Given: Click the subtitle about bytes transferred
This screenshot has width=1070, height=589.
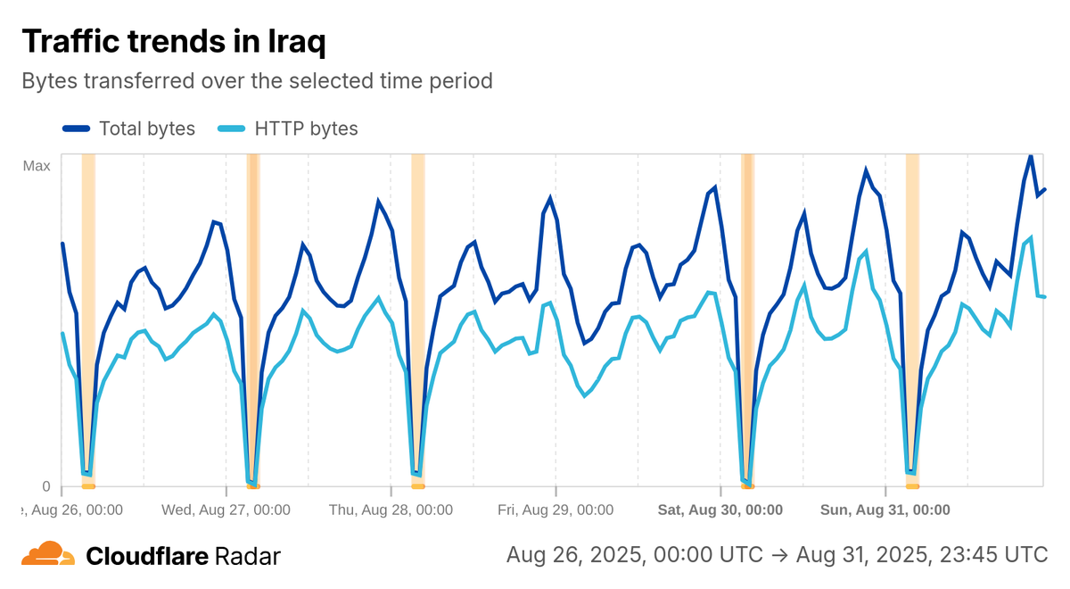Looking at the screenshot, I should pos(257,80).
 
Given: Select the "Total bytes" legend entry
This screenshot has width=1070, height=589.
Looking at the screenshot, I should pos(129,129).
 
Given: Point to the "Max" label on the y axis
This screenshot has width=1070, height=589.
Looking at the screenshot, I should pos(37,166).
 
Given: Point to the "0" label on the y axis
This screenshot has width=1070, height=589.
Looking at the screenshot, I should pos(46,486).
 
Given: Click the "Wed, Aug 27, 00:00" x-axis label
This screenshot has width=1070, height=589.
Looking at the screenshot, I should pos(226,510).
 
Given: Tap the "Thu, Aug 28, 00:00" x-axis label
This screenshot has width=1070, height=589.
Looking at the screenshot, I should pos(391,510).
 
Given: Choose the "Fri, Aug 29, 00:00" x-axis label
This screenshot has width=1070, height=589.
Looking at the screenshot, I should pos(556,510).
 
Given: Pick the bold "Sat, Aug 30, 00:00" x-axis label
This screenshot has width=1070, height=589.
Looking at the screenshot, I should pos(720,510).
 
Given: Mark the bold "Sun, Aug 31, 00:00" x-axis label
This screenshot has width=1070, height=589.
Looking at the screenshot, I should pos(885,510).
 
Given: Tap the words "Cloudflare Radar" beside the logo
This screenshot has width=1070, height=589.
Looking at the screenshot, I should pos(183,556).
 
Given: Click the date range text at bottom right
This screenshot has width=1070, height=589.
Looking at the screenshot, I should pos(777,554).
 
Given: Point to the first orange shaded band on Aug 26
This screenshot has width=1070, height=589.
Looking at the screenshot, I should pos(87,321).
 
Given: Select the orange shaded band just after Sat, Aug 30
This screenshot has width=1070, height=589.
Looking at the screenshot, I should pos(747,321).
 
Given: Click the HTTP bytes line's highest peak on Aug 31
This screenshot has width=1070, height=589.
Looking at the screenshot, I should pos(1031,237).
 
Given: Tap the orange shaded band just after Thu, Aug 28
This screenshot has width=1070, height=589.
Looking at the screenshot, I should pos(417,321).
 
